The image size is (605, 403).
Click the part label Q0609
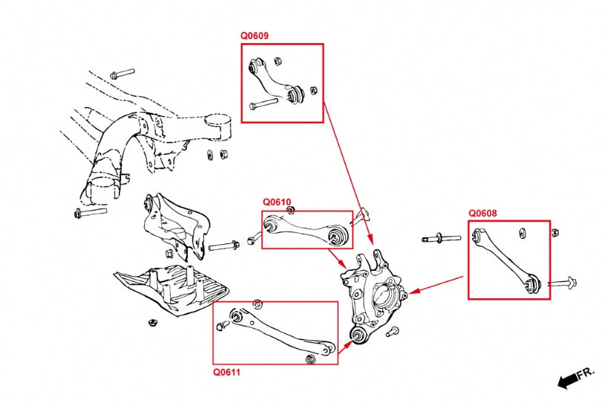(254, 35)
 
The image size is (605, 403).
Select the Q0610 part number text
(277, 202)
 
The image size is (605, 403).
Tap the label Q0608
(483, 213)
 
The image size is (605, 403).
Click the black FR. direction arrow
(569, 379)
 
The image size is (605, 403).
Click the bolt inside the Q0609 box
(264, 104)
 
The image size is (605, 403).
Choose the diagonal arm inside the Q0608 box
(506, 259)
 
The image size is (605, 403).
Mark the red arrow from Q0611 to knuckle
(345, 349)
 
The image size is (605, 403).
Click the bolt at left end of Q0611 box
(220, 326)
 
